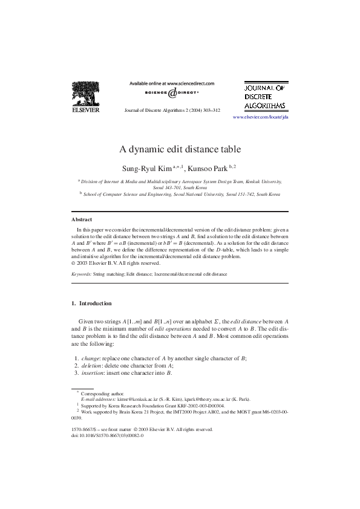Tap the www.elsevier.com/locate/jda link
pos(260,117)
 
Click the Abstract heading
pos(82,219)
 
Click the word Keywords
pos(81,274)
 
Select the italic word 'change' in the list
pos(91,358)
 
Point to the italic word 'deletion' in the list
pos(93,366)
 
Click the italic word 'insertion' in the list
pos(94,373)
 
